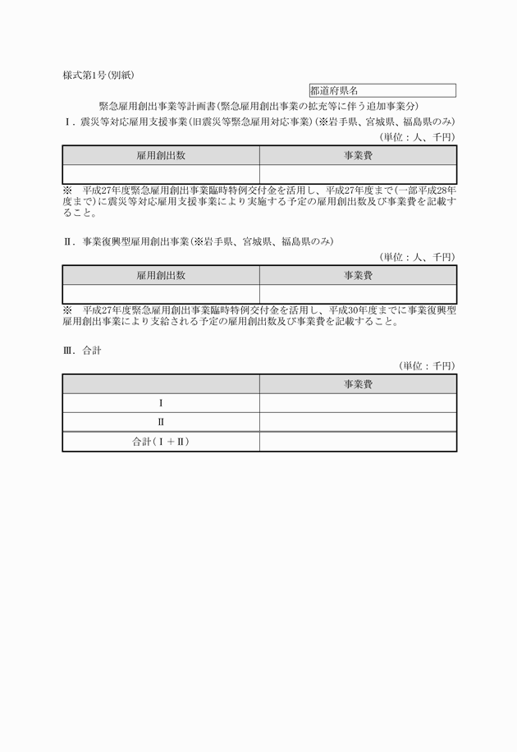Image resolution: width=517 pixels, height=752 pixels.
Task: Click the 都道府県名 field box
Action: (x=382, y=91)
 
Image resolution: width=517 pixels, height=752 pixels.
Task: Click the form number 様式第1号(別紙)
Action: (x=98, y=75)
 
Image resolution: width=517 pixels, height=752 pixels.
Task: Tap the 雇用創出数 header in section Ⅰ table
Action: (x=161, y=155)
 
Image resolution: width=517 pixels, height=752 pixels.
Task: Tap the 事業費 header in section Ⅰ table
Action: (x=358, y=155)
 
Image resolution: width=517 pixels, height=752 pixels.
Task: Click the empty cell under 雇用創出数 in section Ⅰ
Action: (x=161, y=173)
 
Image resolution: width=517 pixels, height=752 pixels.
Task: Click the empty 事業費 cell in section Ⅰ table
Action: (x=358, y=173)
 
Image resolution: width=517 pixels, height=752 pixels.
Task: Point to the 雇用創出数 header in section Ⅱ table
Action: (x=161, y=276)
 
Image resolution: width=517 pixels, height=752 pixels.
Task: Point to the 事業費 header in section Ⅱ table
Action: (x=358, y=276)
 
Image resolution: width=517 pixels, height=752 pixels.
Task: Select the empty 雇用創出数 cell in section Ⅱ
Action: (x=161, y=294)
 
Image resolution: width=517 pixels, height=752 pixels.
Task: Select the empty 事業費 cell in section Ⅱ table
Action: (x=358, y=294)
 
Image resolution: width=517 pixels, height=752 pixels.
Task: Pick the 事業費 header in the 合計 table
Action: (x=358, y=384)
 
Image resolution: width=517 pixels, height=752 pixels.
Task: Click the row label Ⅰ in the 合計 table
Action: (x=161, y=403)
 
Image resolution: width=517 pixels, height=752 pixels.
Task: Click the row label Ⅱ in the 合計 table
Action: (x=161, y=422)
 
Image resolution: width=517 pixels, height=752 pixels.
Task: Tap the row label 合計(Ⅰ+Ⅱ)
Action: (x=161, y=442)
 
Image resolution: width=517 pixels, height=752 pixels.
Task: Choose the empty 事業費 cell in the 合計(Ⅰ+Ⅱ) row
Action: (x=358, y=442)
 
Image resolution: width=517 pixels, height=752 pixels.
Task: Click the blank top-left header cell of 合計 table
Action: (x=161, y=384)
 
